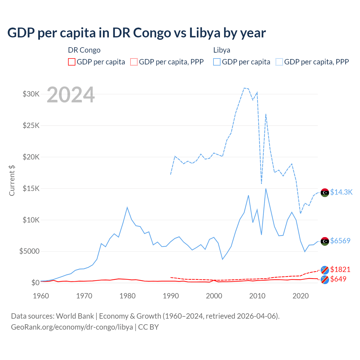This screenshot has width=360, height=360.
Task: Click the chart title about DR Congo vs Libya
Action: (136, 33)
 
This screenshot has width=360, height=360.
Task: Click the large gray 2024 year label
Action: (71, 95)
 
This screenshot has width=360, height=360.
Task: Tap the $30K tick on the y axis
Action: (31, 94)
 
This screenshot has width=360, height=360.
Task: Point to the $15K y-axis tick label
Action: (31, 188)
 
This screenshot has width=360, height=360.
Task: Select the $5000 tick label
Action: (30, 251)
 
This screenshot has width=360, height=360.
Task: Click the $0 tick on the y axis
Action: (35, 283)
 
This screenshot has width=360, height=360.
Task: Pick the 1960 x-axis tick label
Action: (41, 296)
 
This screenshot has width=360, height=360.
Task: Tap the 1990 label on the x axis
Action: (171, 296)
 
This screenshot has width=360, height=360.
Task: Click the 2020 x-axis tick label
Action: (301, 296)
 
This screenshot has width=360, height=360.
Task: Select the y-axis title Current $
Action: (12, 181)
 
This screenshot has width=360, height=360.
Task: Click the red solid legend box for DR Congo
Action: (72, 62)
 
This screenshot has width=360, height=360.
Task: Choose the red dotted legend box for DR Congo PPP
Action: (134, 62)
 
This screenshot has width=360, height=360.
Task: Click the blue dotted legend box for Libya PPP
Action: (279, 62)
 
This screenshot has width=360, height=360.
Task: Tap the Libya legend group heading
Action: (222, 50)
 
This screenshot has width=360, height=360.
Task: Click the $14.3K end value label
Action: (341, 192)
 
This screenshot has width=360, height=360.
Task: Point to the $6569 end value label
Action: (340, 241)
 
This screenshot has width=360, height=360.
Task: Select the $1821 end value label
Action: (340, 269)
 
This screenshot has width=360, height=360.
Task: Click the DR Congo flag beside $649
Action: (325, 280)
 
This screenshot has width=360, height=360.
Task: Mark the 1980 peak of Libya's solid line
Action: (127, 207)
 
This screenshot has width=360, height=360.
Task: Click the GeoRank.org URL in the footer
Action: (72, 327)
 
